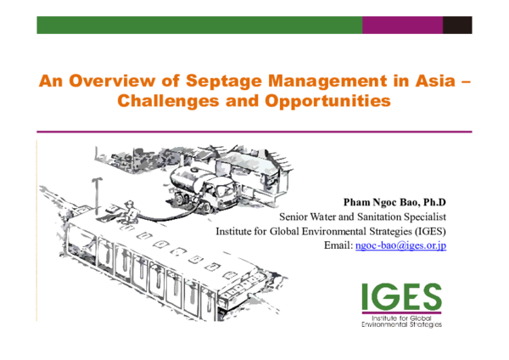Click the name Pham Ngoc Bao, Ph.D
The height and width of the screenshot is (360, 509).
[394, 202]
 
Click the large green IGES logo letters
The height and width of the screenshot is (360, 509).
[401, 296]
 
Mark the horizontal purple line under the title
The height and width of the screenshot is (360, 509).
[255, 132]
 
